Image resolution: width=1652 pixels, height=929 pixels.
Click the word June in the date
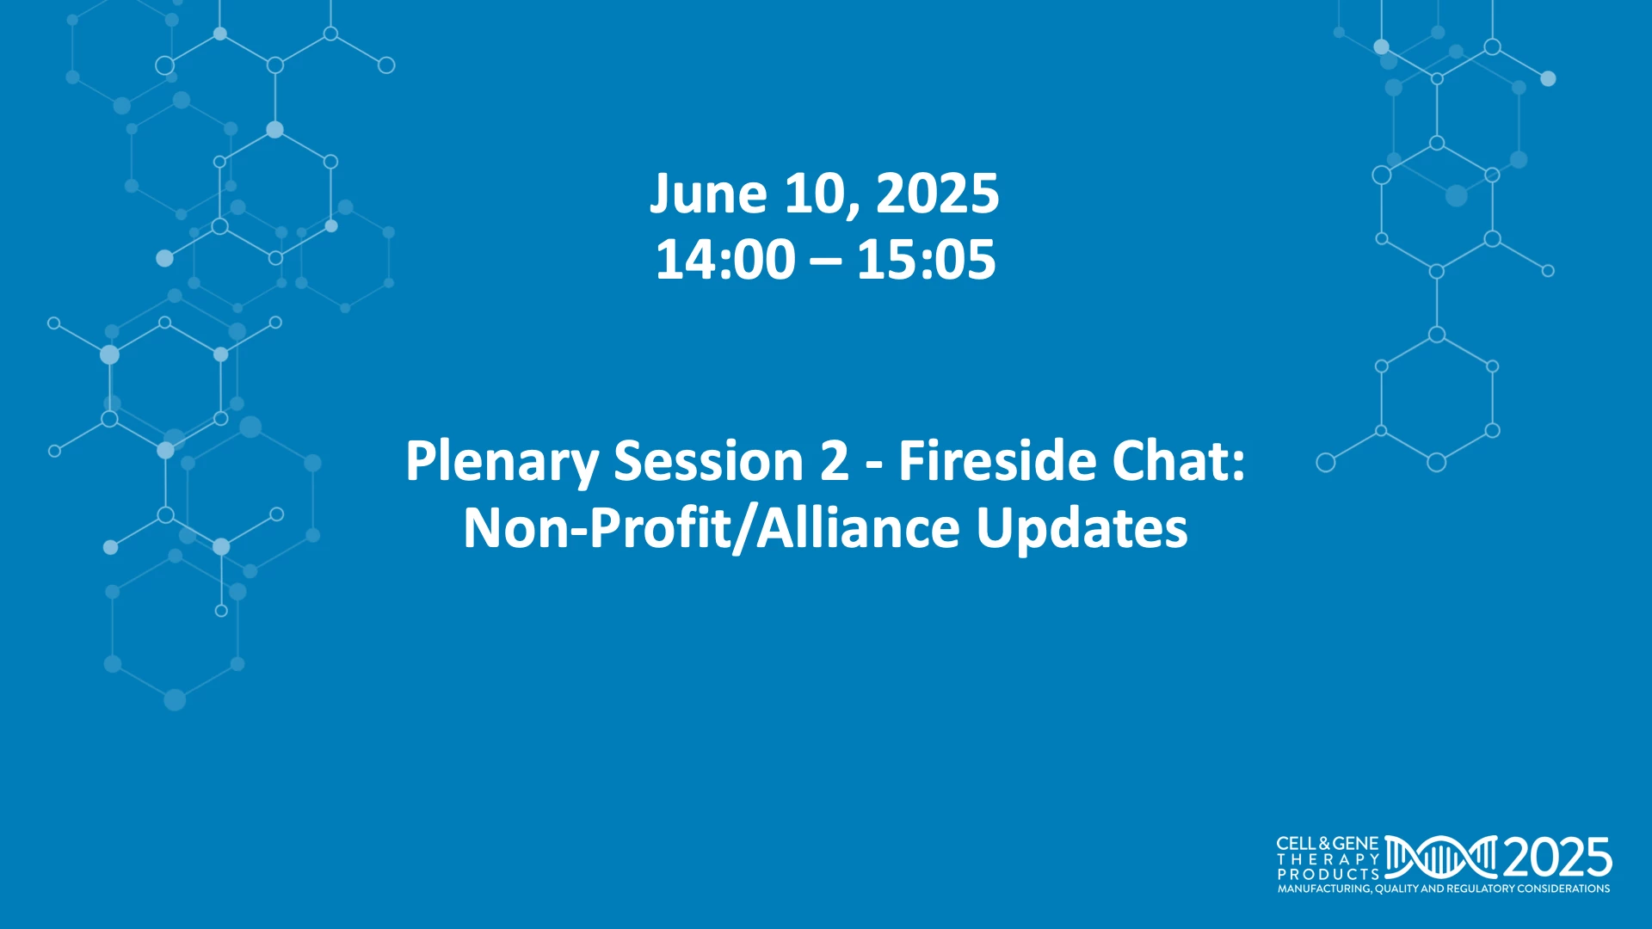coord(707,194)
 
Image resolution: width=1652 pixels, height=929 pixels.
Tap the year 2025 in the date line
coord(937,194)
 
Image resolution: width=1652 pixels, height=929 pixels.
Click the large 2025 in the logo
coord(1557,858)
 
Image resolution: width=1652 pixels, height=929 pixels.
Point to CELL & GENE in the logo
coord(1328,844)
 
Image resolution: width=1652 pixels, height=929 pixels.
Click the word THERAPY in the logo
coord(1328,859)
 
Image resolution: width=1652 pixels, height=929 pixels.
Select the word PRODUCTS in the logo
coord(1328,874)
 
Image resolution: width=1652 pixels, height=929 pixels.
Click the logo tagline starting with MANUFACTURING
coord(1444,889)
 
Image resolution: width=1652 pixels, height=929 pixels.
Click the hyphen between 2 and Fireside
coord(874,465)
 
